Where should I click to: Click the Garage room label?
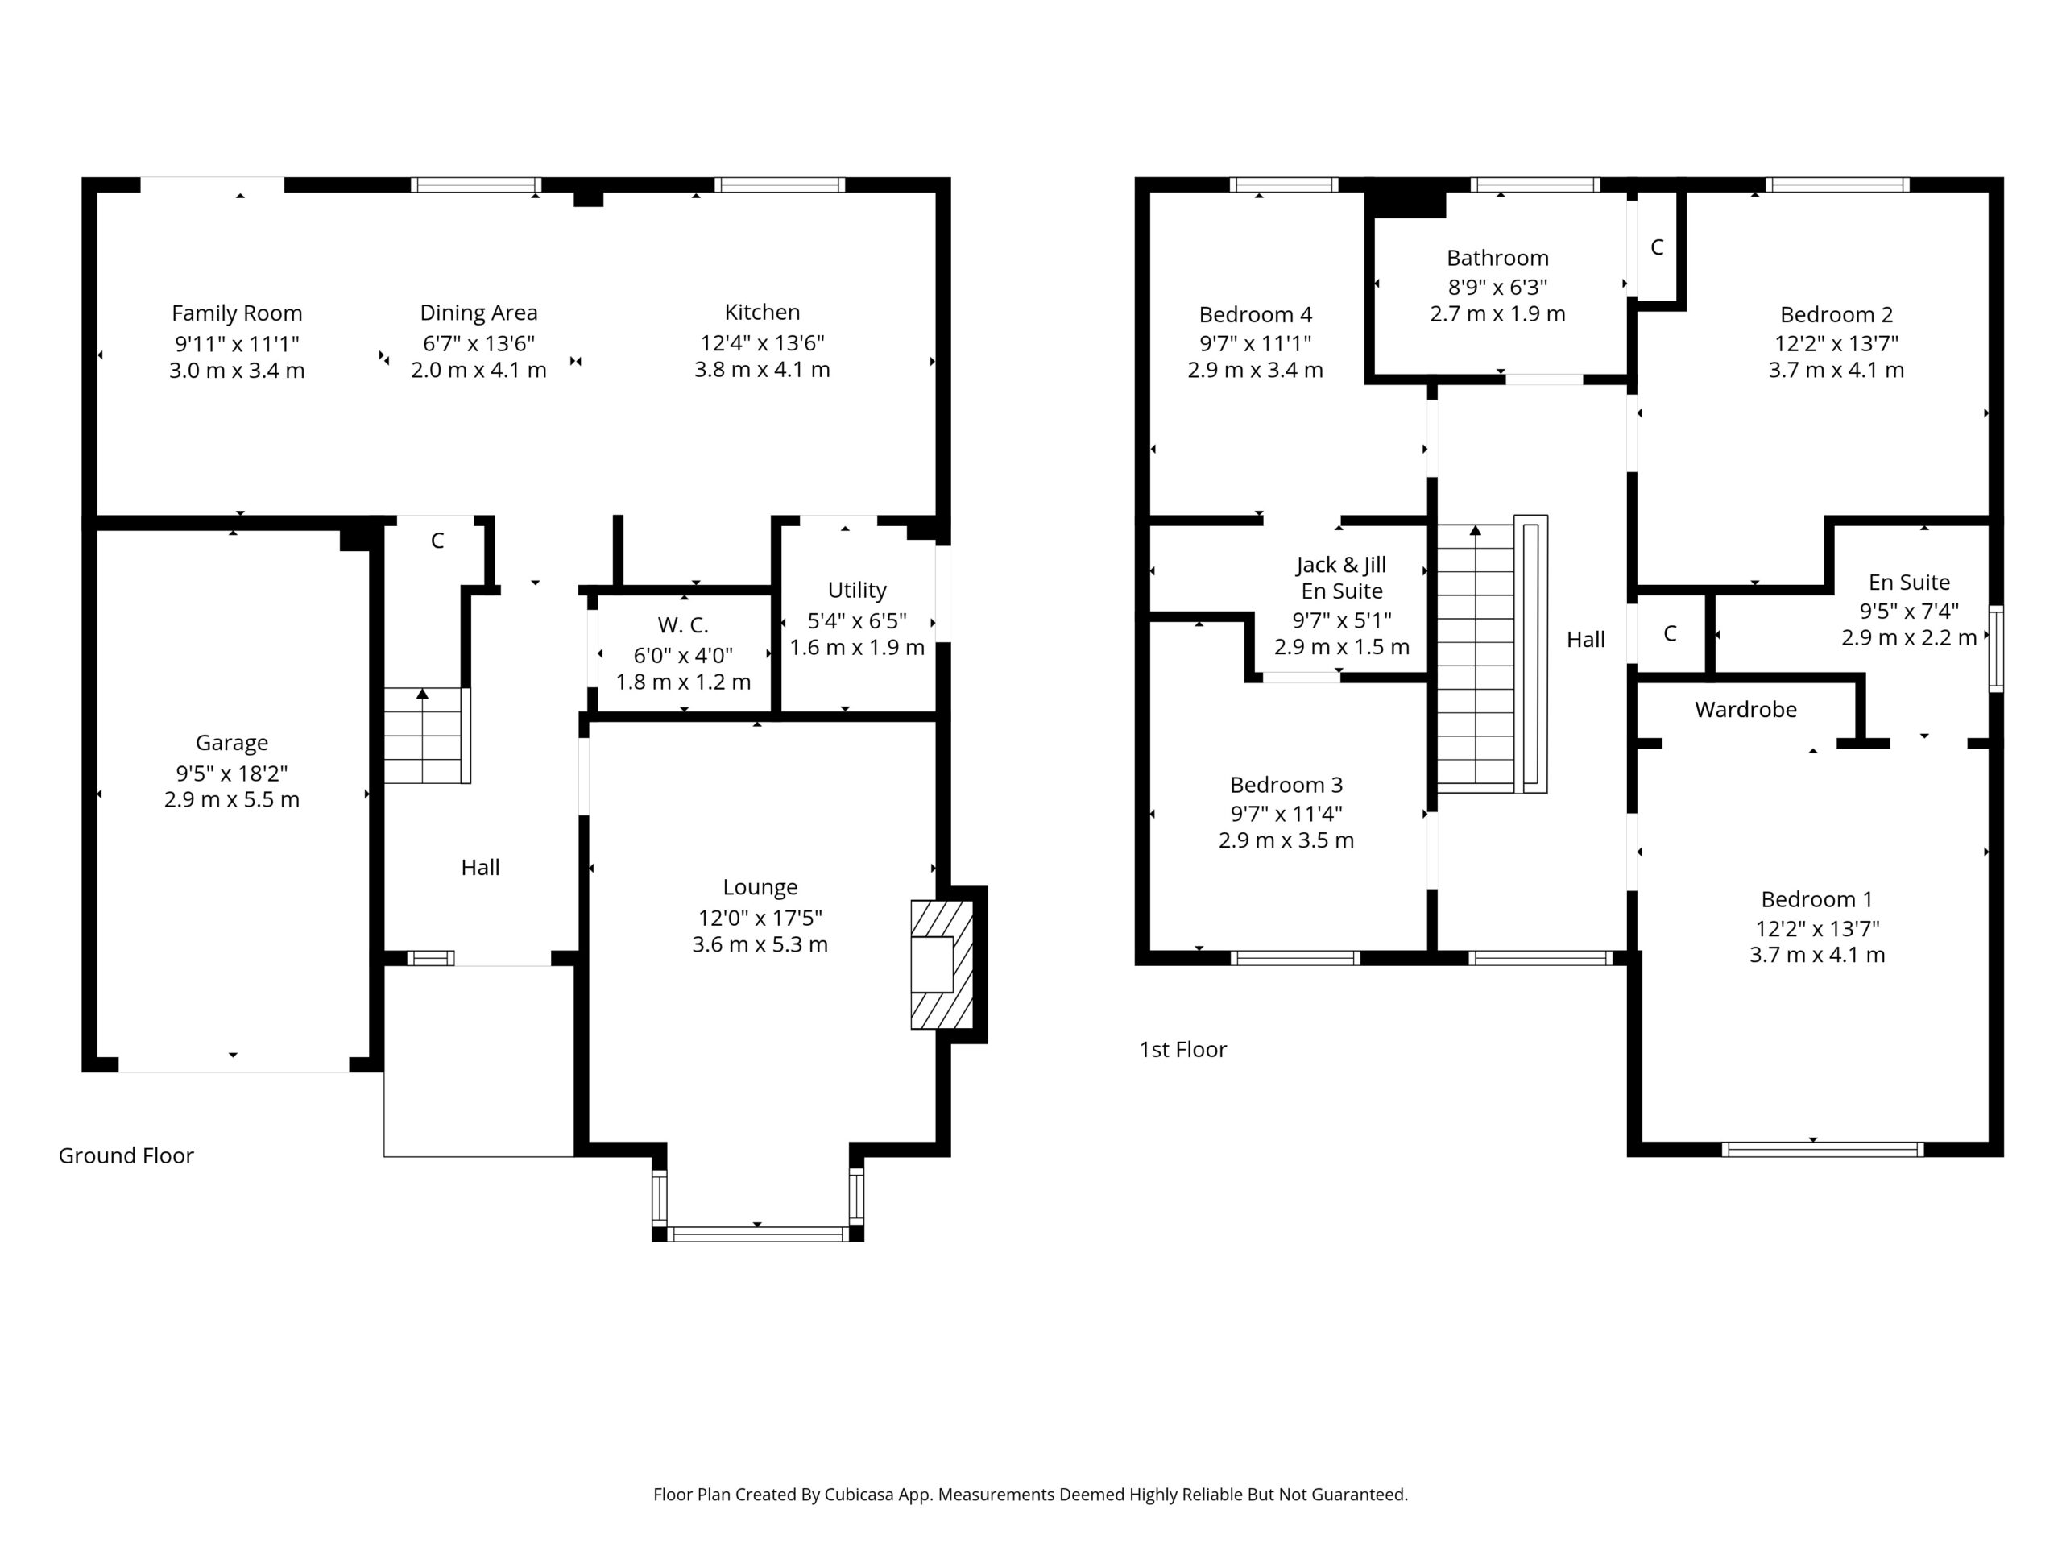(232, 742)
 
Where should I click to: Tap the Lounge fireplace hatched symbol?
(942, 964)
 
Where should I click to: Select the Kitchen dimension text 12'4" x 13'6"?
(763, 342)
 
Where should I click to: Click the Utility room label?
(857, 591)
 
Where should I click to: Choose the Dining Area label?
(479, 313)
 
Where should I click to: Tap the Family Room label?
(237, 313)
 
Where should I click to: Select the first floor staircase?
(1493, 654)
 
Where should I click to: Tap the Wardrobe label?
(1746, 710)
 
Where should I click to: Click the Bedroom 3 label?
(1286, 784)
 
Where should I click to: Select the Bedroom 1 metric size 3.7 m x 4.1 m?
(1817, 955)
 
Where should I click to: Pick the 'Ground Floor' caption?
(126, 1155)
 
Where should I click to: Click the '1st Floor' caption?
(1183, 1049)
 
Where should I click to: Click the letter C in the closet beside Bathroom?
(1657, 247)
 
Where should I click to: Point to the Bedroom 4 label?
(1255, 314)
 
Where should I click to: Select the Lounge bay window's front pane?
(757, 1234)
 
